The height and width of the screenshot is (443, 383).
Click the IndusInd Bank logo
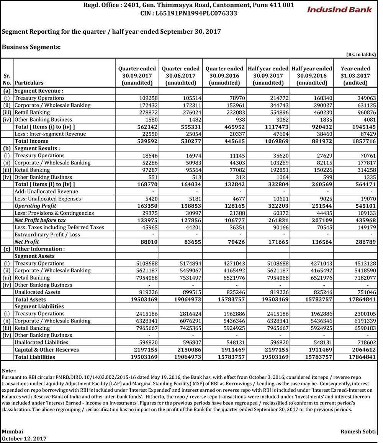pos(339,9)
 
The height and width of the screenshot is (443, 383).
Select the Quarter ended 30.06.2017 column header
pos(181,76)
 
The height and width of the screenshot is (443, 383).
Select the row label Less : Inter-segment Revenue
pos(50,134)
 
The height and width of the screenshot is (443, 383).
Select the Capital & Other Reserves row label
pos(47,350)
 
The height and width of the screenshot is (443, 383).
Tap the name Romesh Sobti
pos(358,431)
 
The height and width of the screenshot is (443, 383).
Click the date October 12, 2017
pos(25,438)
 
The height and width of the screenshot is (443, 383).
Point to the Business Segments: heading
pos(31,47)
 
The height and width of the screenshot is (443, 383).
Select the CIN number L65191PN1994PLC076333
pos(188,13)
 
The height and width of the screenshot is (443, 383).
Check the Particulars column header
pos(29,83)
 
